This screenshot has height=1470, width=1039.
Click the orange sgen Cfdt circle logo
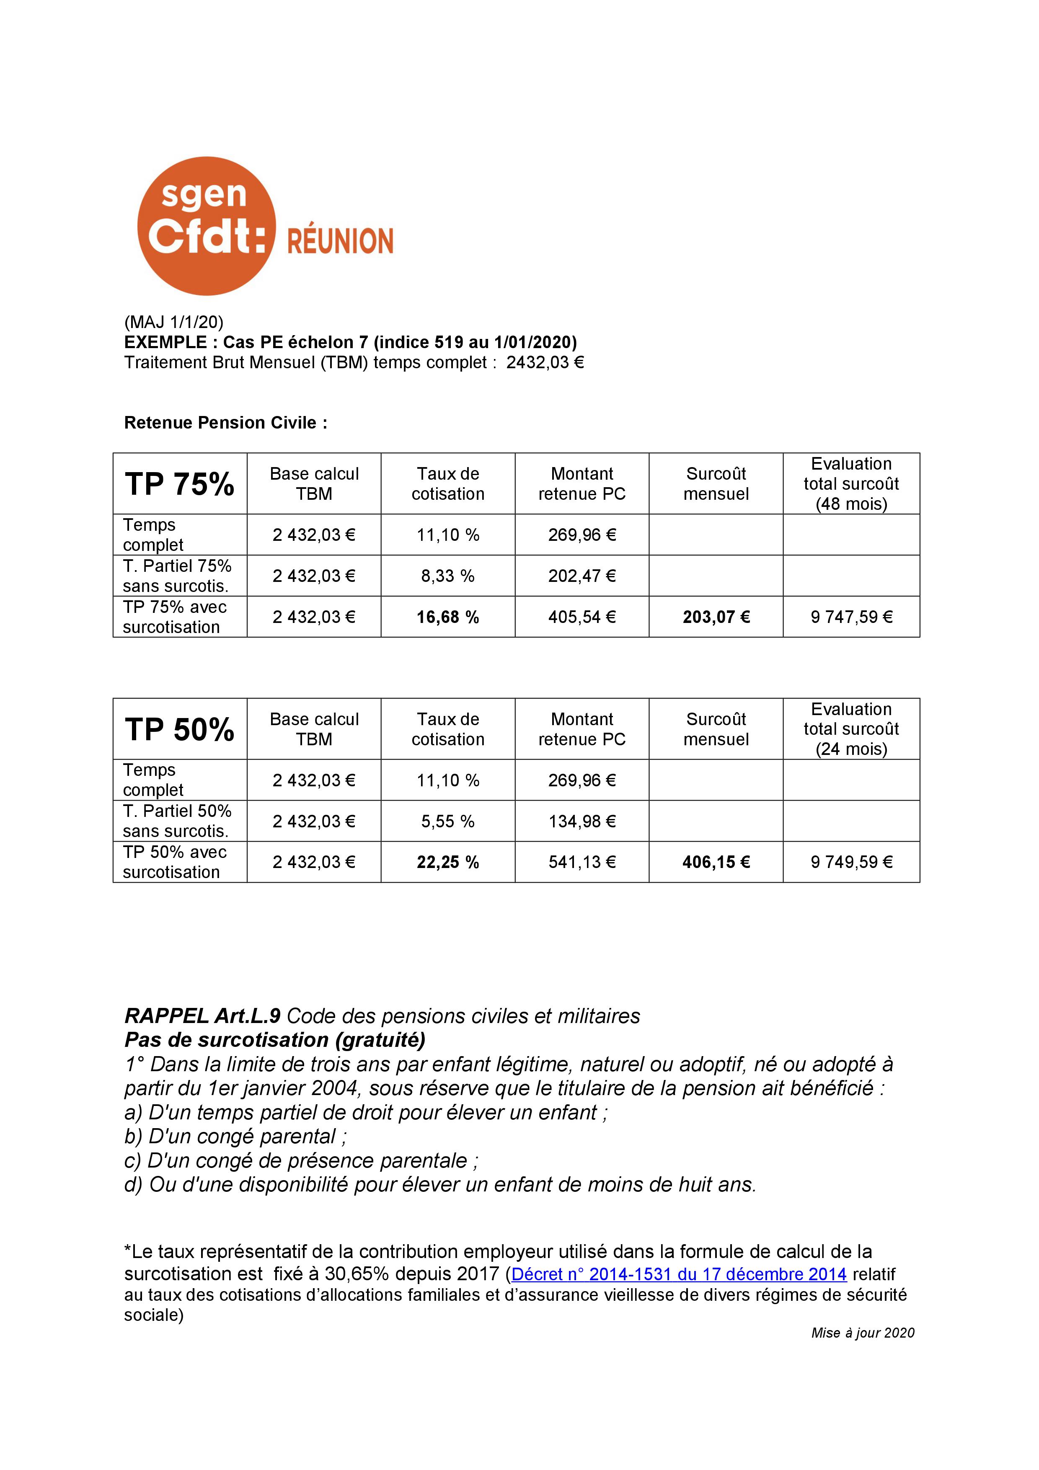point(206,226)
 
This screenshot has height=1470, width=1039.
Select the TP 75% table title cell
point(180,484)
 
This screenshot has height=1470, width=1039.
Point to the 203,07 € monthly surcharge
point(716,617)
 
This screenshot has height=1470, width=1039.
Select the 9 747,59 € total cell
point(851,617)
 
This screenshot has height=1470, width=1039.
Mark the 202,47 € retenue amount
point(582,576)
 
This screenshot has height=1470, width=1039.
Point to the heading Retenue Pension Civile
point(225,423)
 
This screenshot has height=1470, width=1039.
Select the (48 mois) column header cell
point(851,484)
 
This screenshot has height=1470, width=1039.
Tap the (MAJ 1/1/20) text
point(173,321)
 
